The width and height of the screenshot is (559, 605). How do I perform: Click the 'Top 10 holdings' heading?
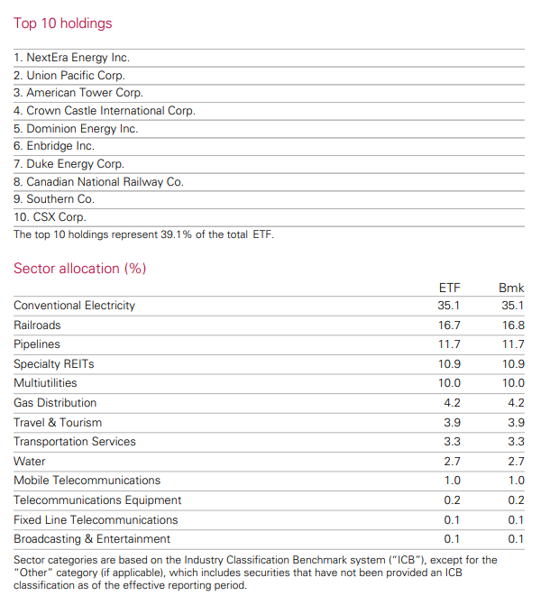pyautogui.click(x=63, y=23)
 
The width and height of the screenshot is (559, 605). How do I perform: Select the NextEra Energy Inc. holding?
pyautogui.click(x=71, y=58)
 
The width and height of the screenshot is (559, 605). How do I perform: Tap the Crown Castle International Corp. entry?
pyautogui.click(x=105, y=111)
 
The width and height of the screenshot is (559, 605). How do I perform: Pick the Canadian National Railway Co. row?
pyautogui.click(x=98, y=182)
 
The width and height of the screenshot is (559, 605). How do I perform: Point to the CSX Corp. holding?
pyautogui.click(x=50, y=216)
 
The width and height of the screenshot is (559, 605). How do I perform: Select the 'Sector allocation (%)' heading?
pyautogui.click(x=80, y=269)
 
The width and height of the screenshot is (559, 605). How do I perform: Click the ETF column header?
pyautogui.click(x=449, y=288)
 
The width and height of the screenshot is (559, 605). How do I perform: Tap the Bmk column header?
pyautogui.click(x=511, y=288)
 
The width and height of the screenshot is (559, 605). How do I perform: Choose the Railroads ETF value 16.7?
pyautogui.click(x=449, y=325)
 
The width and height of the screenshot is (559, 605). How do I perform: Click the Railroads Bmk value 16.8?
pyautogui.click(x=513, y=325)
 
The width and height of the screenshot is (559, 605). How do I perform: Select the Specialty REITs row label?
pyautogui.click(x=53, y=364)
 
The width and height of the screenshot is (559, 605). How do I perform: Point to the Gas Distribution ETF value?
pyautogui.click(x=452, y=403)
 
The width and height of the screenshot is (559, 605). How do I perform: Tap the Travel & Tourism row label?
pyautogui.click(x=58, y=423)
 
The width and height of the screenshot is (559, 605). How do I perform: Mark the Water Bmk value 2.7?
pyautogui.click(x=516, y=461)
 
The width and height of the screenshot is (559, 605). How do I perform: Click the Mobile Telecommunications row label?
pyautogui.click(x=87, y=481)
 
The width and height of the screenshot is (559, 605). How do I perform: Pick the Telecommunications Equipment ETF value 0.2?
pyautogui.click(x=452, y=500)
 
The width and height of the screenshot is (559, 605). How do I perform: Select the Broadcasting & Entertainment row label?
pyautogui.click(x=92, y=539)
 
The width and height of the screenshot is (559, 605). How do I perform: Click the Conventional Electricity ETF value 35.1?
pyautogui.click(x=449, y=306)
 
